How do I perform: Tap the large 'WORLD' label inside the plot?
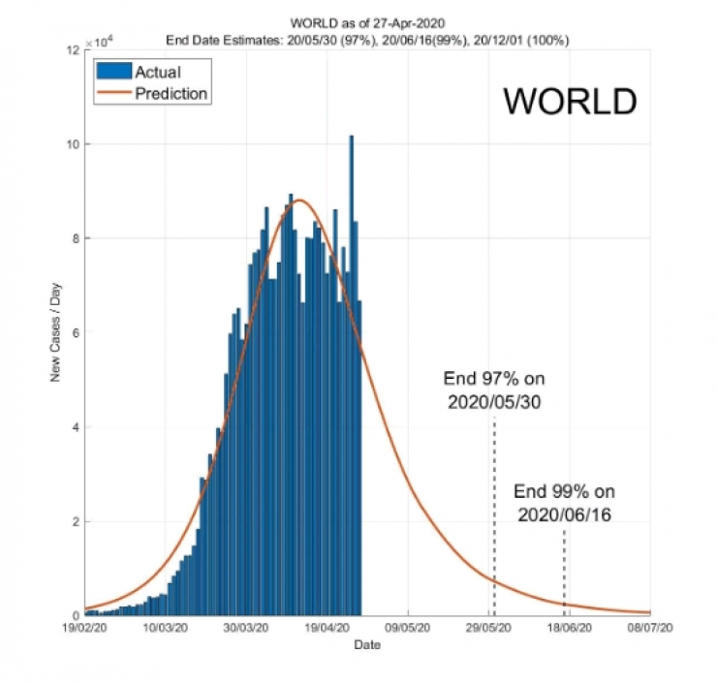click(x=570, y=102)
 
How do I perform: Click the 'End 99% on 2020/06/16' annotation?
click(x=564, y=502)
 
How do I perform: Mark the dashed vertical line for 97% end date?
click(x=494, y=513)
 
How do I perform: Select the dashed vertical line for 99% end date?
click(x=564, y=572)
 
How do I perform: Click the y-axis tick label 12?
click(x=72, y=49)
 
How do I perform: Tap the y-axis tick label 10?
click(x=72, y=144)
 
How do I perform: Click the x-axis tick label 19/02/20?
click(x=85, y=628)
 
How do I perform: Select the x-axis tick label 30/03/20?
click(x=247, y=628)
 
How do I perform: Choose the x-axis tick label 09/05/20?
click(x=408, y=628)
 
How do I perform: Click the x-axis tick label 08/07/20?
click(x=649, y=628)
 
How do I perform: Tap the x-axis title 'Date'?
click(x=367, y=644)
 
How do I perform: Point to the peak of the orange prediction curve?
click(x=298, y=201)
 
